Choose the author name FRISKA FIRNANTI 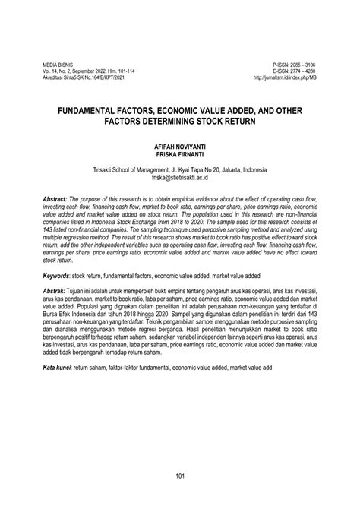[x=180, y=152]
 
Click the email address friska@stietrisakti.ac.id [x=180, y=175]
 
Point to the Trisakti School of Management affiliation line [x=180, y=168]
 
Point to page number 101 [x=180, y=477]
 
